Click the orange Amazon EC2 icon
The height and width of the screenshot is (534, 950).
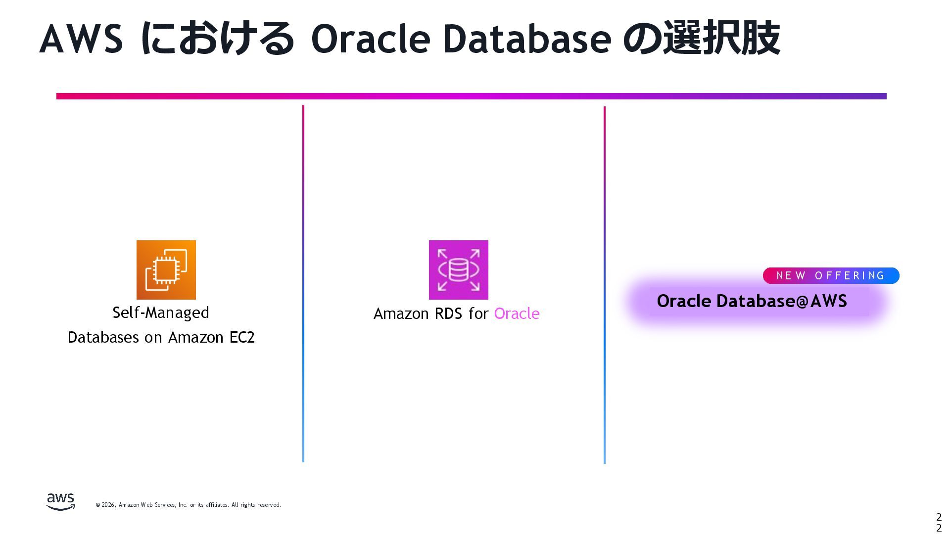[166, 269]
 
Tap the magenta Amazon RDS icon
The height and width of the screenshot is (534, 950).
[458, 269]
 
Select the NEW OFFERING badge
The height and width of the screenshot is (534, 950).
[831, 275]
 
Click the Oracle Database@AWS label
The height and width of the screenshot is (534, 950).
[752, 301]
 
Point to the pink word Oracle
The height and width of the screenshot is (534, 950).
[517, 313]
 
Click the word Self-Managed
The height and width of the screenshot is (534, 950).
[161, 312]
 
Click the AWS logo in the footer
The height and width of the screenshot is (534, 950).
[60, 501]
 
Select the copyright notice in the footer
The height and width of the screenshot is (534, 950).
[188, 505]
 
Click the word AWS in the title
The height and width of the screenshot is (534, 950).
[81, 39]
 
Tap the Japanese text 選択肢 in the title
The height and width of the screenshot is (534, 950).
[721, 38]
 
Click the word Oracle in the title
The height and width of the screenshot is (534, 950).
[371, 39]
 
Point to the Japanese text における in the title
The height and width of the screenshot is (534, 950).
[217, 38]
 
